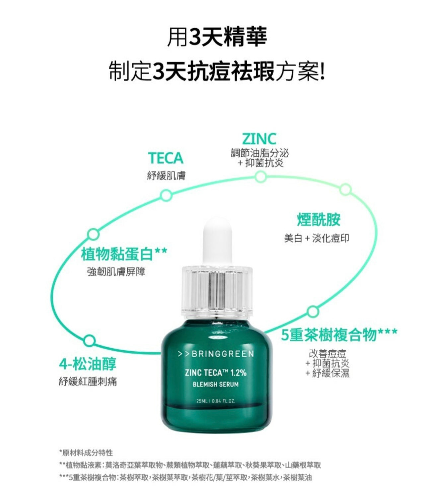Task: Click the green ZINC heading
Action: pos(259,139)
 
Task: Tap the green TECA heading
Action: pos(166,158)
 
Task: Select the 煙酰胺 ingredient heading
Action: pos(319,220)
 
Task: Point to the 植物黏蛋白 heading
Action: pos(117,254)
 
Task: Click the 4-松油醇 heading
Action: pos(88,364)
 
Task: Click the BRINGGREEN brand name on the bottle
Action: pos(223,354)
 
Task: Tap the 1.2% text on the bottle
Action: pos(238,373)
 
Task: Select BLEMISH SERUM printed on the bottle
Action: pos(216,384)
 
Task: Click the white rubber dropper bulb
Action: pos(217,241)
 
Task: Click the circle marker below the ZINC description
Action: pos(261,177)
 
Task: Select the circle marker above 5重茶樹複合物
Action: pos(313,312)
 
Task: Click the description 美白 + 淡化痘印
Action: pos(317,238)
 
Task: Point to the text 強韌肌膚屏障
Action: pos(116,272)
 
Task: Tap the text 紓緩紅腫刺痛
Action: pos(88,382)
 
